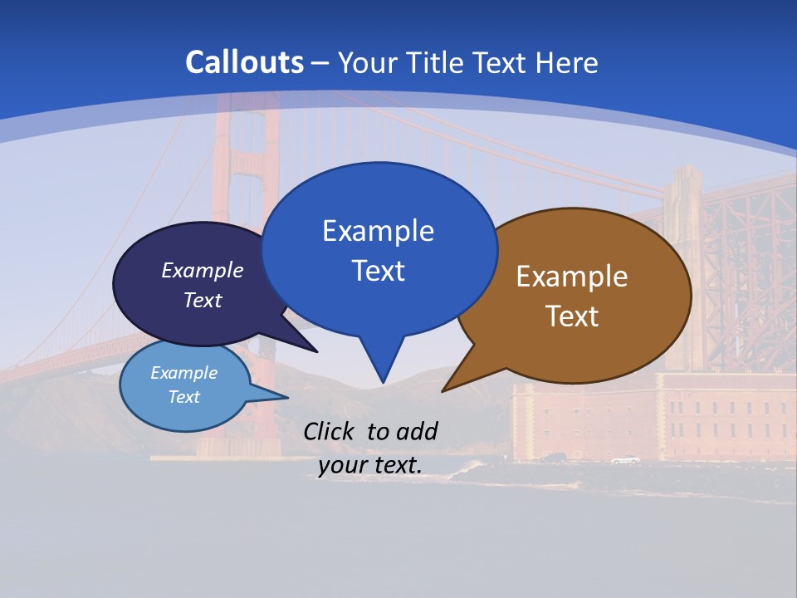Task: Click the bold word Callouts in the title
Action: click(245, 62)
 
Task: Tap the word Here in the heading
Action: click(567, 62)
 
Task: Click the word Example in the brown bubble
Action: click(572, 277)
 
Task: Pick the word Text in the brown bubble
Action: click(572, 316)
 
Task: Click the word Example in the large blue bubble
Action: click(378, 231)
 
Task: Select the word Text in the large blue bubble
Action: click(378, 271)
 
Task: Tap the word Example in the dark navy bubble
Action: click(202, 271)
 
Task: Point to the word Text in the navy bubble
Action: click(202, 300)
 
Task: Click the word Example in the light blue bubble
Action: click(183, 373)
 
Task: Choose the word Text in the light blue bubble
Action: click(183, 397)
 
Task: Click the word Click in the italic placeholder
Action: click(330, 431)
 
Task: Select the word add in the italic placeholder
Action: click(416, 431)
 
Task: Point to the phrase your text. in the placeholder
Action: click(370, 465)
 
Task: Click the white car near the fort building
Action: click(624, 460)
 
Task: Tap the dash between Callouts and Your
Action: click(320, 63)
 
